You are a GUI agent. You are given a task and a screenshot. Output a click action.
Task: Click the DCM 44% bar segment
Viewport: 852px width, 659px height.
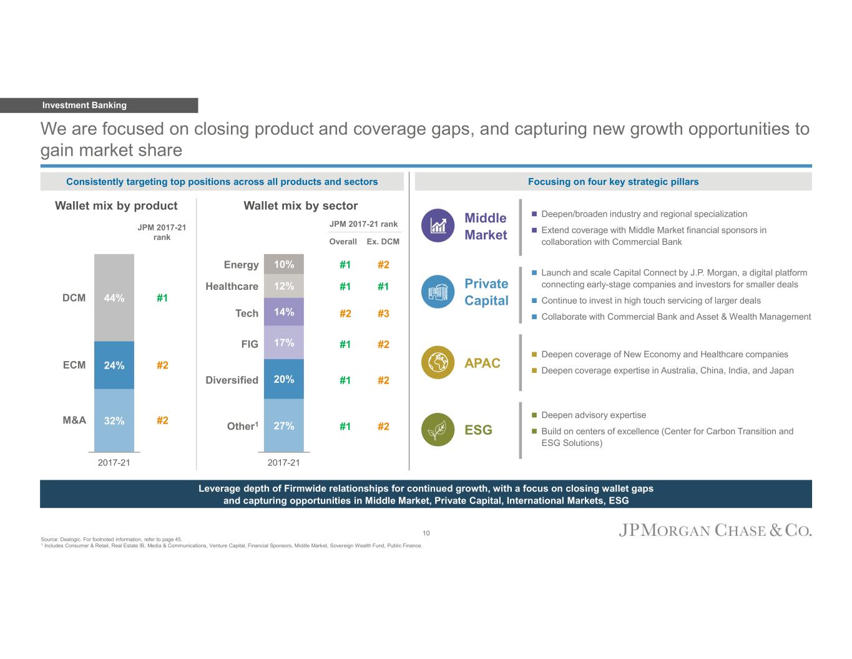[x=114, y=297]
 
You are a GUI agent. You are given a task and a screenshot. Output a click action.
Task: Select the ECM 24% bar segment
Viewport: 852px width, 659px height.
[x=114, y=365]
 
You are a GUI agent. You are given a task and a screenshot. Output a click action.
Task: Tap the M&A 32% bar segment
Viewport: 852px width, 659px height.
[x=114, y=420]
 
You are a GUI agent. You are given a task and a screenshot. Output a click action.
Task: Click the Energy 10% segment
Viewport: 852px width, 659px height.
[x=284, y=264]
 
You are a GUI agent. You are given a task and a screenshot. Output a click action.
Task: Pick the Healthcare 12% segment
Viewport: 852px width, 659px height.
[x=284, y=286]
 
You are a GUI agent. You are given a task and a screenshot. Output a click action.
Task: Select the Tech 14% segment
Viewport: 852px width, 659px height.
[x=284, y=312]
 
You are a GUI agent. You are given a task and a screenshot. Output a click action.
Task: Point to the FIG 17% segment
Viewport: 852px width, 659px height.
[x=284, y=342]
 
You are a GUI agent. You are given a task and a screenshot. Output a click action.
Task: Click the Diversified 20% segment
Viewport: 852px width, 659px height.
[x=284, y=379]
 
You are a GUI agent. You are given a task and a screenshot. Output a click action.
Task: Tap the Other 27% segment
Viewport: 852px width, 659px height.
[x=284, y=425]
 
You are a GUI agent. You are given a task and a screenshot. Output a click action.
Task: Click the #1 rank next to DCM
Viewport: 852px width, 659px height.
[x=162, y=298]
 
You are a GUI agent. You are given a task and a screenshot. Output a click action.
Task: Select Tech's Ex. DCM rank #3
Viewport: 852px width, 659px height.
[x=383, y=314]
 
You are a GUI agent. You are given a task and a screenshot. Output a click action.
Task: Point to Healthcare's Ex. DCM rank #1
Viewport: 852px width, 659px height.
[x=383, y=287]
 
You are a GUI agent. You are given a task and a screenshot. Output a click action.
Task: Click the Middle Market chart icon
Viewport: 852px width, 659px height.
[x=438, y=225]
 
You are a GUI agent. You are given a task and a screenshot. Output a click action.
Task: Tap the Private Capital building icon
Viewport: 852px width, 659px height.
[x=438, y=292]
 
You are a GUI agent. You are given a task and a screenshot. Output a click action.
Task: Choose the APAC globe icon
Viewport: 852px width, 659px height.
[x=438, y=362]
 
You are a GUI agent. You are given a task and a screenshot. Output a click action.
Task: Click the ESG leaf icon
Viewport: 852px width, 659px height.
[x=438, y=429]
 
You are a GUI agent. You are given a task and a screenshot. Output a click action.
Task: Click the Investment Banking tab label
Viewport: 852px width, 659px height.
[x=84, y=106]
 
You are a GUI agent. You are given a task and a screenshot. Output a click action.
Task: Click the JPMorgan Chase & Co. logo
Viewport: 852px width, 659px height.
[x=715, y=531]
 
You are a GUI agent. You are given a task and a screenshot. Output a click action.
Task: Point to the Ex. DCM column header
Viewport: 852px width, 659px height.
[x=383, y=242]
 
